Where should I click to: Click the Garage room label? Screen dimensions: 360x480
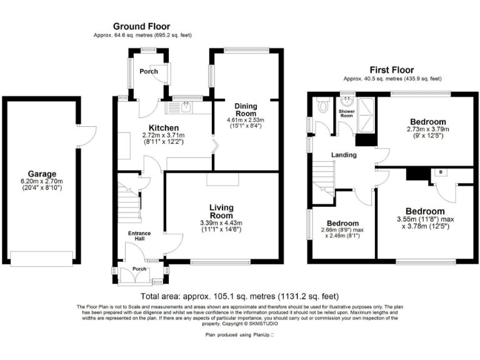41,174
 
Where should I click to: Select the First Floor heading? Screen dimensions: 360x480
392,70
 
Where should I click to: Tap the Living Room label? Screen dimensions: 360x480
221,211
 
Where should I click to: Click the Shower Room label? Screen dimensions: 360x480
346,113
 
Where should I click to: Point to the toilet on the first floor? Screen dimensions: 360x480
322,106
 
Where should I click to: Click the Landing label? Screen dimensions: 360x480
343,154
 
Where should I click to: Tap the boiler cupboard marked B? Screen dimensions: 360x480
441,171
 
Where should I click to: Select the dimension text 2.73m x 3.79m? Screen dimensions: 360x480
428,130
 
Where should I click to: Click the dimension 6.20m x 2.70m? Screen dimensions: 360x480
41,182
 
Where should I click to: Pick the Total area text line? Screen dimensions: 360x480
240,296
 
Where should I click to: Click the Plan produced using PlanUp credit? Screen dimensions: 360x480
240,335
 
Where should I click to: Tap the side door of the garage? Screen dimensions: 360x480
88,134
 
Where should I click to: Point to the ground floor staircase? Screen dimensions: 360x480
129,199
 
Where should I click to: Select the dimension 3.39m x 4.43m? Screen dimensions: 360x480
221,223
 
